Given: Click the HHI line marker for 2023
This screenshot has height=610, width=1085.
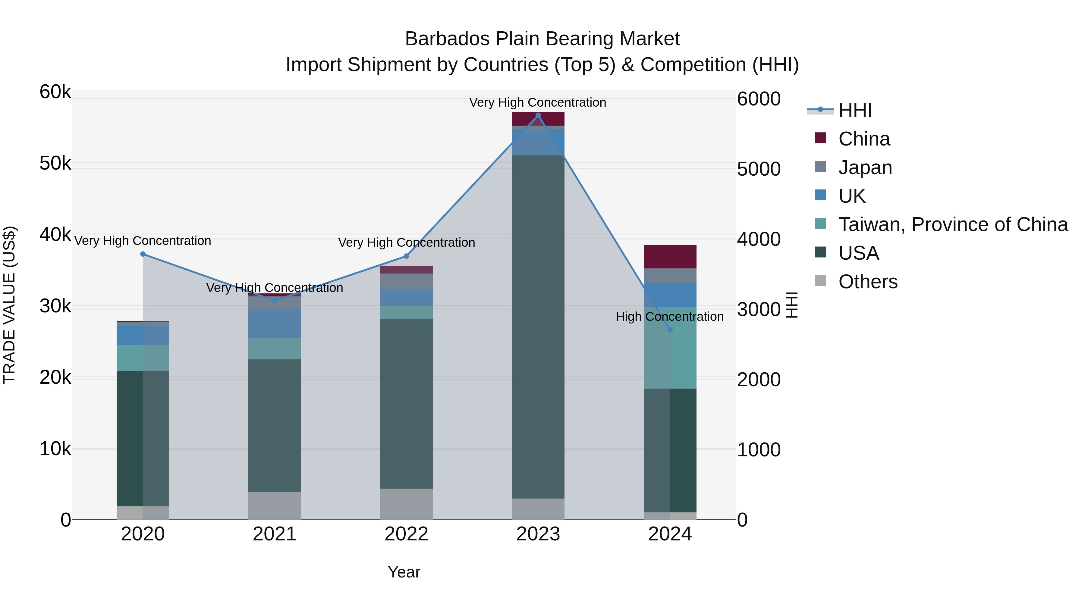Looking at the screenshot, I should [x=538, y=115].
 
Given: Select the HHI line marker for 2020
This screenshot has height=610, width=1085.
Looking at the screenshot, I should [x=143, y=254].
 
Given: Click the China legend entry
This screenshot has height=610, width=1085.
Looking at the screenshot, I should [x=863, y=139].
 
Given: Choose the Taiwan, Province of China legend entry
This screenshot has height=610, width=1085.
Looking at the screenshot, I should [x=953, y=224].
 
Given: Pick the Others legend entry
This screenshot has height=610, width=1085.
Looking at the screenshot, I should [x=868, y=282].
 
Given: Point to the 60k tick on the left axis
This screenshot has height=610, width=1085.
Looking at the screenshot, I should [x=55, y=92].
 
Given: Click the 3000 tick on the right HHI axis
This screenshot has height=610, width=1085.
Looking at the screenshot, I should [x=759, y=309].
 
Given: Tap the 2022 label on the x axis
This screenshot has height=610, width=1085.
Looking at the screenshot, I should [x=406, y=534].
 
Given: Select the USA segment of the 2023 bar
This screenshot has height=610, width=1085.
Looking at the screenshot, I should [x=538, y=326].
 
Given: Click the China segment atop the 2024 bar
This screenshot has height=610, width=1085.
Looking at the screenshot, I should [x=670, y=257].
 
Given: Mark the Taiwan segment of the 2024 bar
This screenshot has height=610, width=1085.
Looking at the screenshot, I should [x=670, y=347].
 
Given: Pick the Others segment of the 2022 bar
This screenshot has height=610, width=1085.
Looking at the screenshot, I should [x=406, y=504].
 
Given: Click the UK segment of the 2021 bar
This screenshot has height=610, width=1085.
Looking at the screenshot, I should [x=275, y=324].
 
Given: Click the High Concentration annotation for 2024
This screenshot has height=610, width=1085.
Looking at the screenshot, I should [x=669, y=317].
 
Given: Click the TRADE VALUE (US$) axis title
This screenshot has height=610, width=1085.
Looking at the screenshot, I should [x=9, y=305].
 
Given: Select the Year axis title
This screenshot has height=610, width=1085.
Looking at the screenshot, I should [x=404, y=572].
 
